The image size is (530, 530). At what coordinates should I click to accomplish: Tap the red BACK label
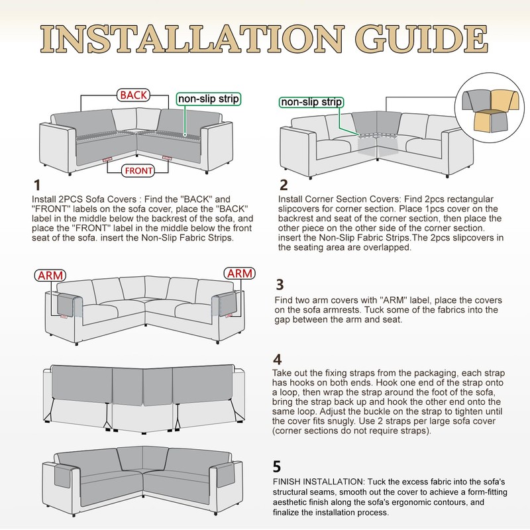[x=133, y=95]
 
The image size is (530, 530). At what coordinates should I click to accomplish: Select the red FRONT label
[x=138, y=171]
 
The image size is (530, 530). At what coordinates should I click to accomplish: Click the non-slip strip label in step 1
[x=207, y=99]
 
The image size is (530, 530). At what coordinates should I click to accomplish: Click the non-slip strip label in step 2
[x=311, y=102]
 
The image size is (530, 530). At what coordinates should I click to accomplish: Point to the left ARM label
[x=50, y=274]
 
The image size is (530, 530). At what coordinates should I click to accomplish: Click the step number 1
[x=37, y=185]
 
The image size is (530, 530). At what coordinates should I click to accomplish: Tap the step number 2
[x=284, y=185]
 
